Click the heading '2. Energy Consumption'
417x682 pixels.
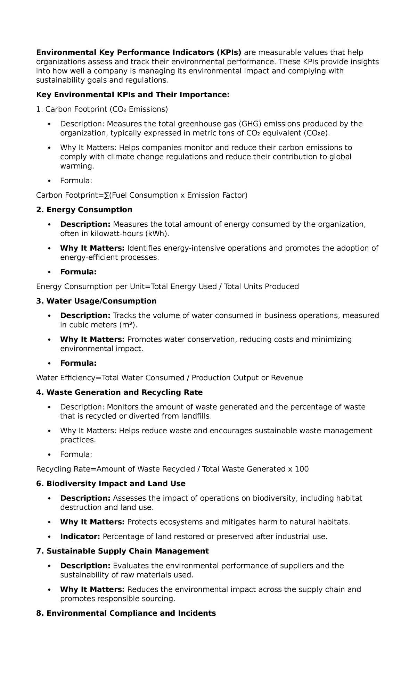coord(84,210)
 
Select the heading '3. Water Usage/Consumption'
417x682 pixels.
coord(96,301)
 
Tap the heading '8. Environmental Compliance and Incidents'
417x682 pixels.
coord(126,613)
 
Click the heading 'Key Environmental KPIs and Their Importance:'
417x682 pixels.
coord(133,95)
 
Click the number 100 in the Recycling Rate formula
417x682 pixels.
coord(302,469)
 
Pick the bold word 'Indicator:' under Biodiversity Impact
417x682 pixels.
coord(80,537)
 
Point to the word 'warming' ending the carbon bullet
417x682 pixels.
coord(76,166)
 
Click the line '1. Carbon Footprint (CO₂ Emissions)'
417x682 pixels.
coord(102,109)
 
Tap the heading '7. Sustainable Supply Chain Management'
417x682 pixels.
coord(122,551)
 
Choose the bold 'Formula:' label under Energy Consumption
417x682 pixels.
coord(78,272)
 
